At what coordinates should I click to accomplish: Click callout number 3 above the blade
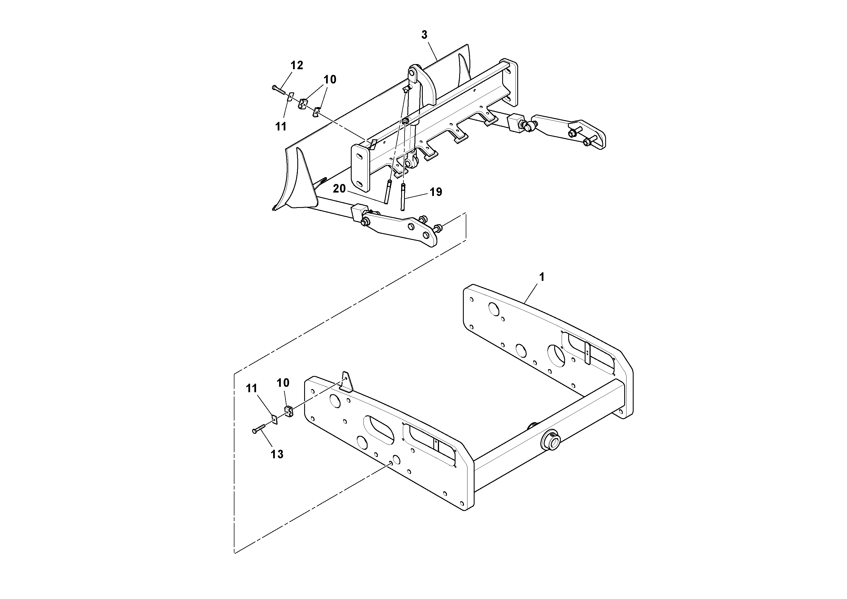[x=424, y=35]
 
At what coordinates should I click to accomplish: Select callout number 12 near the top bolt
[x=296, y=65]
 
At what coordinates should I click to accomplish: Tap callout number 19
[x=436, y=192]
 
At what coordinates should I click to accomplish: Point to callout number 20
[x=339, y=189]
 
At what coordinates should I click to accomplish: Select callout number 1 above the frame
[x=541, y=277]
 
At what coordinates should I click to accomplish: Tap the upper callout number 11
[x=281, y=127]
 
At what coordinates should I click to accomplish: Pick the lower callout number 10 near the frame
[x=283, y=383]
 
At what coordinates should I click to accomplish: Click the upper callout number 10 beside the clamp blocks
[x=330, y=79]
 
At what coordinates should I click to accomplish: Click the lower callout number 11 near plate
[x=252, y=388]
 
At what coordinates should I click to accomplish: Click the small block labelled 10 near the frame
[x=288, y=411]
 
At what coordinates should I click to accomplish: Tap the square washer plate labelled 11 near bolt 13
[x=274, y=419]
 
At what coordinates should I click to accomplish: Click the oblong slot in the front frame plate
[x=378, y=430]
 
